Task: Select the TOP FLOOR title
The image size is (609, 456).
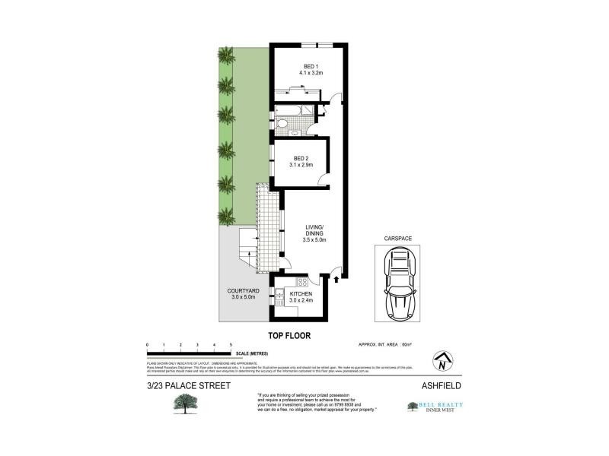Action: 288,334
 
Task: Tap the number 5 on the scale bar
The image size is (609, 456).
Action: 231,346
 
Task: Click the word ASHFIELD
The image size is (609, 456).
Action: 442,385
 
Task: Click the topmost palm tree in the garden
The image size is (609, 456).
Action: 225,55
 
